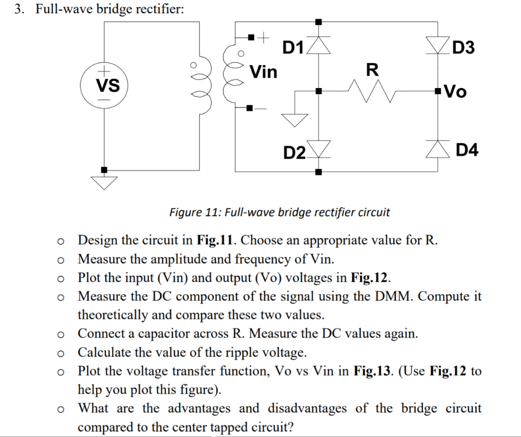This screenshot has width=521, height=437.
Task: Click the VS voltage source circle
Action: pos(104,85)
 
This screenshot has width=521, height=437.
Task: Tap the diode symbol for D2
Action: pos(318,148)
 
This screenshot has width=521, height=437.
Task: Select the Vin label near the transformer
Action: pos(263,72)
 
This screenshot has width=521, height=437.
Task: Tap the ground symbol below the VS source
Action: pos(104,182)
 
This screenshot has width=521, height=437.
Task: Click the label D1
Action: pos(293,48)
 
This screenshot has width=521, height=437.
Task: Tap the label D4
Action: pos(467,150)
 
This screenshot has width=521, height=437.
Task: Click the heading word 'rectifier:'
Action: pos(157,10)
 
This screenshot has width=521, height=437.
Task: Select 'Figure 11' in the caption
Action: pos(191,212)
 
